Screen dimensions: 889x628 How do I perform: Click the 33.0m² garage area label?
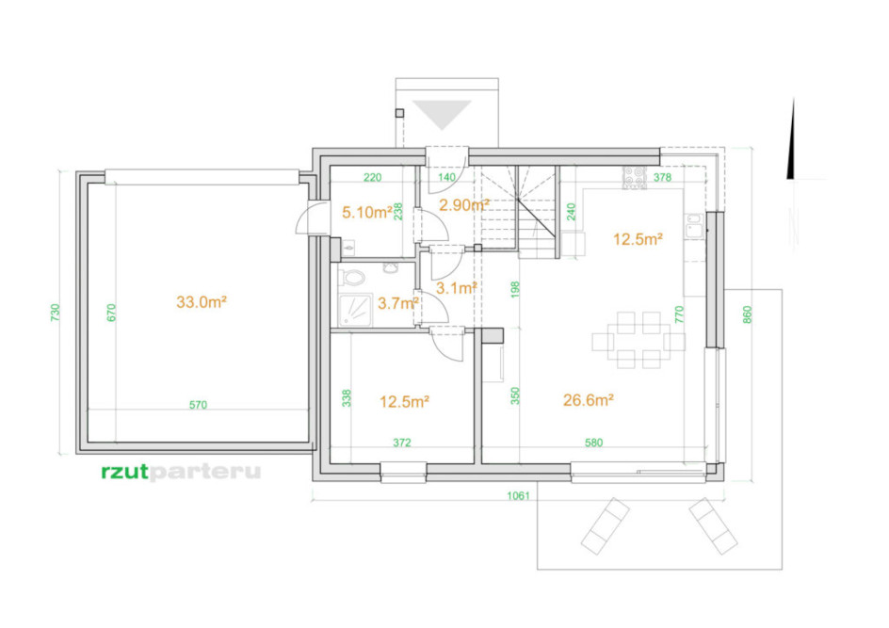[x=202, y=302]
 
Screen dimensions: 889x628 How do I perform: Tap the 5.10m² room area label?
[x=367, y=213]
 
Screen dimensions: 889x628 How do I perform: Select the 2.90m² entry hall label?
[x=464, y=205]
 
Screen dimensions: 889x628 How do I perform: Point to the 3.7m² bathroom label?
[x=398, y=303]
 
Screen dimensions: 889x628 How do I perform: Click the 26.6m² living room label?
[x=589, y=400]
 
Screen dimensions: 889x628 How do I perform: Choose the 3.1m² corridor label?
[x=456, y=288]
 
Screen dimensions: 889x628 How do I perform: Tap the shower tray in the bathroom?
[x=355, y=310]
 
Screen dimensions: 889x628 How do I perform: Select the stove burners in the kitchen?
[x=635, y=177]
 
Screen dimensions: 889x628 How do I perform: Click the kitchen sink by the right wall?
[x=695, y=226]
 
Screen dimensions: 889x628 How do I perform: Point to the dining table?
[x=638, y=341]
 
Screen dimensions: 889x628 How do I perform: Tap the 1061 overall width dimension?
[x=518, y=496]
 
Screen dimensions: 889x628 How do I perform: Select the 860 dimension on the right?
[x=747, y=314]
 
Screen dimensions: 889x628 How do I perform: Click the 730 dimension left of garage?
[x=55, y=313]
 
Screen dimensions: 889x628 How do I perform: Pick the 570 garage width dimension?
[x=198, y=405]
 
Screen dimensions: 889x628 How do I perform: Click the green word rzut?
[x=124, y=472]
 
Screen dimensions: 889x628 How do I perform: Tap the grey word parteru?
[x=204, y=473]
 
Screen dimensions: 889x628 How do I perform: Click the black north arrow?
[x=791, y=138]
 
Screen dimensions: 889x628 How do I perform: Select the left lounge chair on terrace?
[x=605, y=526]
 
